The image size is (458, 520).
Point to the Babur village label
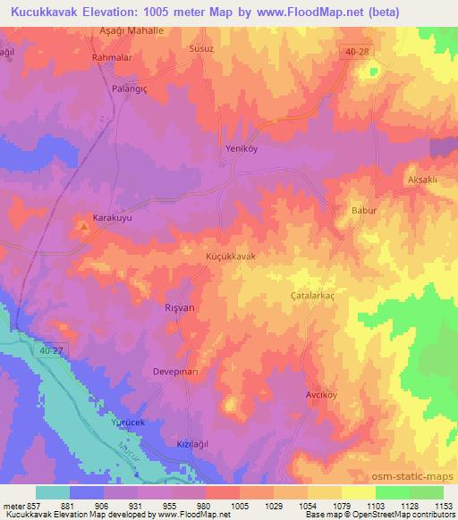click(355, 212)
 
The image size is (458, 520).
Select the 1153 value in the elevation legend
click(444, 506)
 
